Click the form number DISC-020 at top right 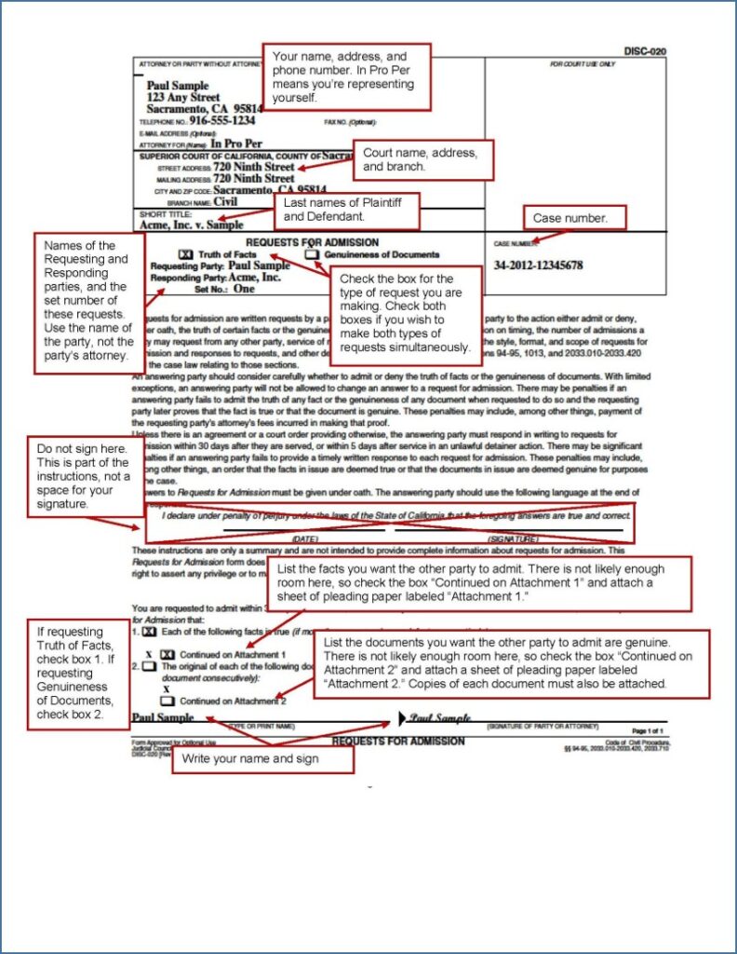645,52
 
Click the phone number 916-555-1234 222,121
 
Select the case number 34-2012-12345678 539,266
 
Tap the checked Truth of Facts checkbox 184,254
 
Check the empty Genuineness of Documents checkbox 311,254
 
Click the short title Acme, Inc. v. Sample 191,225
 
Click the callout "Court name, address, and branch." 422,159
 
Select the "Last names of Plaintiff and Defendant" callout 346,210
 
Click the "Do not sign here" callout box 85,476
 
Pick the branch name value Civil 226,200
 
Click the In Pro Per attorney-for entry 236,144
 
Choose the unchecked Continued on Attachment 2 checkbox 169,701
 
